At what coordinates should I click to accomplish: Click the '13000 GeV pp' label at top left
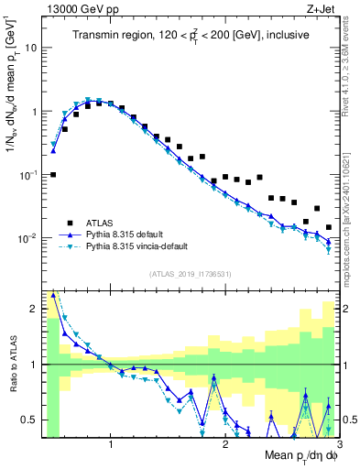click(x=74, y=9)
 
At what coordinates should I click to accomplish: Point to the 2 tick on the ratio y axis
click(x=36, y=309)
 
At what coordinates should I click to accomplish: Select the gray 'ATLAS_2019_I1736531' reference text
click(x=190, y=274)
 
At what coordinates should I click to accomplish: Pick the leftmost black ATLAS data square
click(x=53, y=174)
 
